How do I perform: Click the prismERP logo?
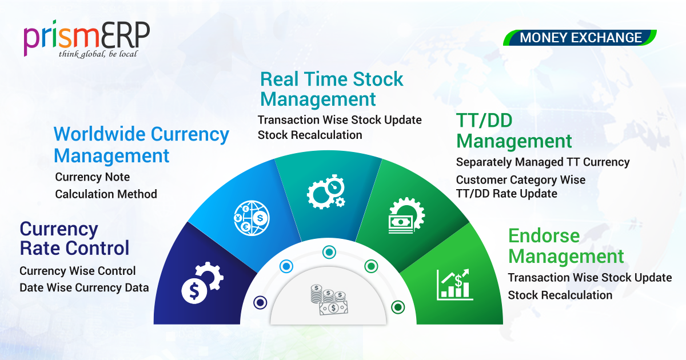(x=87, y=39)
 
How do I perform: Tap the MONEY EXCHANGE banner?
(x=580, y=38)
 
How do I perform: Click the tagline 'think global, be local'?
(x=98, y=54)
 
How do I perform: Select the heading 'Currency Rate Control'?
(x=74, y=238)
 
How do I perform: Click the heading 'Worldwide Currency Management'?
(x=141, y=145)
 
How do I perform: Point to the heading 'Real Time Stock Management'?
(x=332, y=89)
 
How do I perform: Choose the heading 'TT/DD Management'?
(x=514, y=131)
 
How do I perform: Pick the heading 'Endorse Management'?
(x=566, y=246)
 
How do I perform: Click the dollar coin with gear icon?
(x=202, y=283)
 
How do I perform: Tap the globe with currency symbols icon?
(x=252, y=218)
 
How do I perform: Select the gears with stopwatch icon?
(x=326, y=192)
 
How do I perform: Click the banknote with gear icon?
(x=406, y=216)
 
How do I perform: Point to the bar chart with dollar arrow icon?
(x=454, y=285)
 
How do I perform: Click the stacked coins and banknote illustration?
(x=329, y=300)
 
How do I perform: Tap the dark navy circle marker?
(x=260, y=302)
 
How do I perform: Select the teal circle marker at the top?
(x=329, y=252)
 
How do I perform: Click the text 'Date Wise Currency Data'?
(x=84, y=288)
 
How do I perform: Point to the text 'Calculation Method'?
(x=106, y=194)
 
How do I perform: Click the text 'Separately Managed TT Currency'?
(x=543, y=162)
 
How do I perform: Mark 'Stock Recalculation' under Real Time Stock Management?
(x=310, y=135)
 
